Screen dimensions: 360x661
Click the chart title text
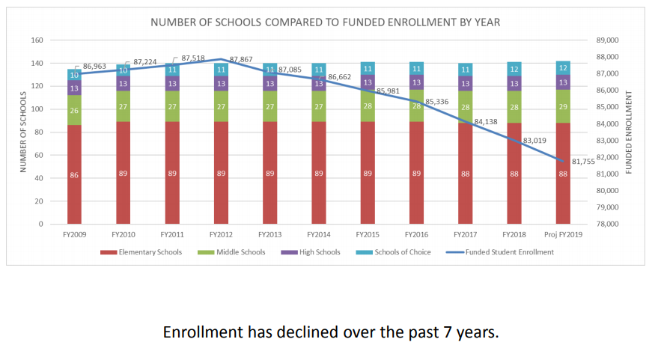point(325,22)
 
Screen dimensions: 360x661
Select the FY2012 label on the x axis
point(221,234)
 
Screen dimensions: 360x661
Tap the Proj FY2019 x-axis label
point(563,234)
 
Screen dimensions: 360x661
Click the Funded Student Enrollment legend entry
point(506,252)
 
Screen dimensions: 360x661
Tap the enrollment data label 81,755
point(584,161)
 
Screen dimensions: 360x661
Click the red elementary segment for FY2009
point(74,174)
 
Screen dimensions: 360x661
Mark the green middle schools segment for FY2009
point(74,110)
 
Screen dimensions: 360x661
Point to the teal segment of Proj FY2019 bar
point(563,68)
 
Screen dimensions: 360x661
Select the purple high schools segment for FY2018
point(514,83)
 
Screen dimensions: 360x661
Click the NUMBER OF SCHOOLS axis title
point(23,132)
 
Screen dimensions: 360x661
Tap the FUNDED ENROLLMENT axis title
point(629,132)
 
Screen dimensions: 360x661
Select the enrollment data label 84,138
point(487,121)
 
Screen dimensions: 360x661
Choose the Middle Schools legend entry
point(240,252)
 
